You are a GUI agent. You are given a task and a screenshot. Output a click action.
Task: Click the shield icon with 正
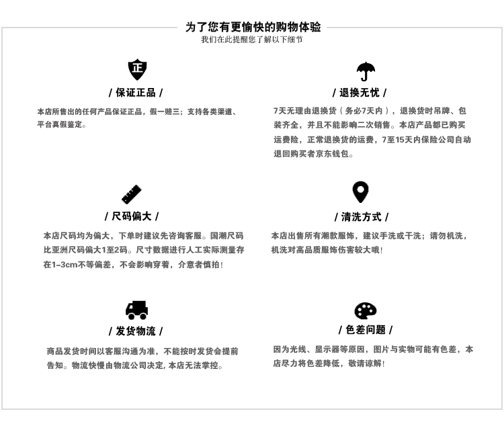coord(137,69)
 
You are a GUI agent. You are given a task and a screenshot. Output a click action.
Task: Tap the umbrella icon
coord(366,71)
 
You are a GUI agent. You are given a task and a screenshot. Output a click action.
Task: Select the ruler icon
coord(131,194)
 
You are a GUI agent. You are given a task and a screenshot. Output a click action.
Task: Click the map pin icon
coord(361,192)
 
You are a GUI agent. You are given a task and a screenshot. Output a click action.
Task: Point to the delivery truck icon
coord(136,310)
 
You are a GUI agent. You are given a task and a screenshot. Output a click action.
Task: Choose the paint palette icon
coord(366,310)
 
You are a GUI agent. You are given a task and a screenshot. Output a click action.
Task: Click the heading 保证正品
coord(136,93)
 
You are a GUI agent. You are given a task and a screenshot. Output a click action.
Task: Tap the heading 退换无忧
coord(360,93)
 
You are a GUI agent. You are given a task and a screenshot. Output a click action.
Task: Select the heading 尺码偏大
coord(132,216)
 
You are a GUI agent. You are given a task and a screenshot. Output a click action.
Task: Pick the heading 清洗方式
coord(362,217)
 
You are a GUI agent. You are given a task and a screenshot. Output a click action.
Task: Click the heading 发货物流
coord(136,331)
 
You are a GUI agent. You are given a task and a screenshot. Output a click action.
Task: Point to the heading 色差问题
coord(366,330)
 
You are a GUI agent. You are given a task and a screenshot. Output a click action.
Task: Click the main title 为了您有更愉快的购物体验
coord(253,28)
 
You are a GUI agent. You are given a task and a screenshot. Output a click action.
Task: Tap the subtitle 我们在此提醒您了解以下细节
coord(252,40)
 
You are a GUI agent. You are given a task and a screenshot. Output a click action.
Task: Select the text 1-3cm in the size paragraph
coord(66,265)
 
